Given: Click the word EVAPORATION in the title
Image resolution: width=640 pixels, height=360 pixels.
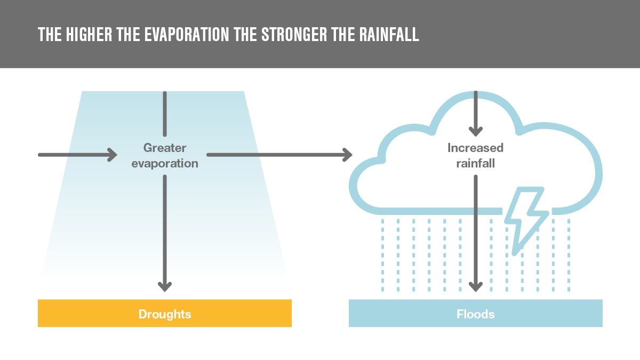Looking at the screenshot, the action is click(187, 35).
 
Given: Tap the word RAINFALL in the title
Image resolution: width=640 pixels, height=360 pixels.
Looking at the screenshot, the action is click(389, 35).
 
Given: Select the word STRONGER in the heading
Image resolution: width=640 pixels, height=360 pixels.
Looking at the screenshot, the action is click(294, 35).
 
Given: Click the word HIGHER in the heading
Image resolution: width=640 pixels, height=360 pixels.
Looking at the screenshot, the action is click(89, 35).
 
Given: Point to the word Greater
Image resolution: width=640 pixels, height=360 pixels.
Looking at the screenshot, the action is click(165, 148).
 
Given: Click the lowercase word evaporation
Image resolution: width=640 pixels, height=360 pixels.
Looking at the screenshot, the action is click(165, 163).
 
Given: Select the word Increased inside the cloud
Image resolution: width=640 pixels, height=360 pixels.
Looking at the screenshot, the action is click(475, 148).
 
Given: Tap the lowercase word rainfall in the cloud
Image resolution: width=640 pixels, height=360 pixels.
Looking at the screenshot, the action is click(475, 163).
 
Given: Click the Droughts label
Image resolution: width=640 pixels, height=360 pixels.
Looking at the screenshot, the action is click(165, 314).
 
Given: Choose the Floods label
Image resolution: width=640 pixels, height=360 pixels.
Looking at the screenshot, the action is click(475, 314).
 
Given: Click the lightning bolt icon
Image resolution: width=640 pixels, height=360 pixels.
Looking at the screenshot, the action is click(525, 220).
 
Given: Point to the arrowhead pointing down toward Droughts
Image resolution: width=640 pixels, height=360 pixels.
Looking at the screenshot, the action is click(165, 286).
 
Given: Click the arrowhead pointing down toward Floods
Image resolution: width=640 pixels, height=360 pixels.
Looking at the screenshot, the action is click(476, 286).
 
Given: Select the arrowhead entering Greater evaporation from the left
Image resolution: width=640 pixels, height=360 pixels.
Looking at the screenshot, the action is click(113, 155).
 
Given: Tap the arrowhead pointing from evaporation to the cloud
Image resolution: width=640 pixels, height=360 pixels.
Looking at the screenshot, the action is click(348, 155).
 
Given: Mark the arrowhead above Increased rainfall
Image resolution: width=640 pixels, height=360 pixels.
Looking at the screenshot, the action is click(476, 131).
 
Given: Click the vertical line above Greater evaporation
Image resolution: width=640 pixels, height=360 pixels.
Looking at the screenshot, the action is click(165, 114).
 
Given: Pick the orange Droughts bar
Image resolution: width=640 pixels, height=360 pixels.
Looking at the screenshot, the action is click(165, 313).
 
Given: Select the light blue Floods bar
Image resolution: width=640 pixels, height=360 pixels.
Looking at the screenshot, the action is click(476, 313).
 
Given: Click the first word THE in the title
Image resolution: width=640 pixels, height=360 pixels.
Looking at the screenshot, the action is click(50, 35).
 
